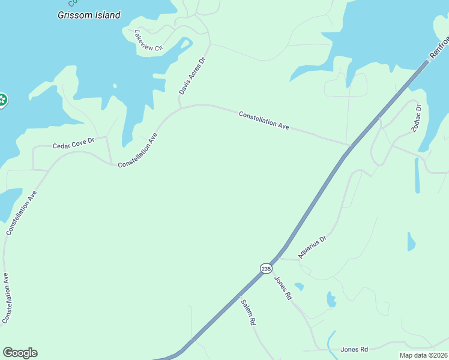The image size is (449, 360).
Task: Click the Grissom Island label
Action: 89,15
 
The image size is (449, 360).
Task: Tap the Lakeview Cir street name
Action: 148,40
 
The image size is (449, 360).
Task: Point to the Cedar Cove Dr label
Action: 74,145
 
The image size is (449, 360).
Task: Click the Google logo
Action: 20,353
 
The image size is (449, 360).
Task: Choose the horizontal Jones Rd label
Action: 354,349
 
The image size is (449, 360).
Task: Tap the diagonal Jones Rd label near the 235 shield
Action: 283,288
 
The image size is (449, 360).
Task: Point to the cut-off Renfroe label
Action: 439,49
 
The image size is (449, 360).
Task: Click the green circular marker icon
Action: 2,100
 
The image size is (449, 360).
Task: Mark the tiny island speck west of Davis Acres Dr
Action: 114,86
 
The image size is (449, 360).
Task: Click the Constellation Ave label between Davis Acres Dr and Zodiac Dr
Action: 264,120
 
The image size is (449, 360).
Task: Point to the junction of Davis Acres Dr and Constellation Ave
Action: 180,108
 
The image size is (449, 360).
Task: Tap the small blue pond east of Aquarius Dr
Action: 411,242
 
